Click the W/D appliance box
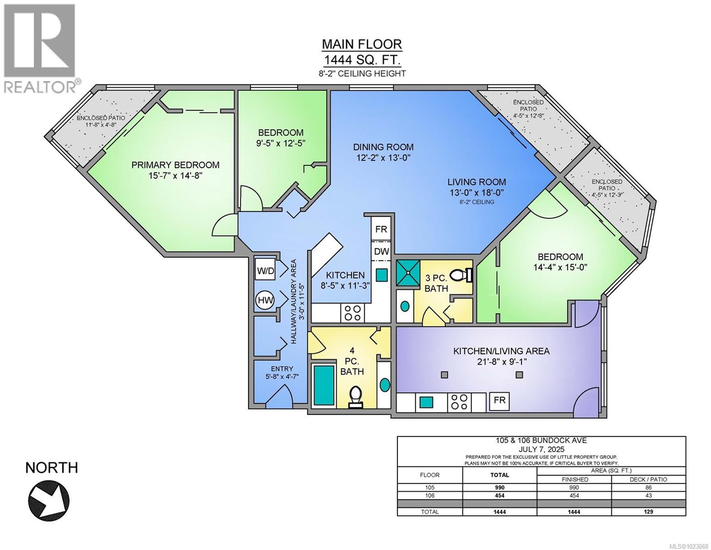click(266, 271)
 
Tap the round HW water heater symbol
click(266, 300)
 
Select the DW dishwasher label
click(381, 251)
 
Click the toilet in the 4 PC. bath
click(356, 397)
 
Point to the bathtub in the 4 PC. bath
click(324, 385)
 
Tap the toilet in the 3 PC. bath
click(461, 275)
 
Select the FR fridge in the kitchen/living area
click(499, 400)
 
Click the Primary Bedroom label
click(175, 165)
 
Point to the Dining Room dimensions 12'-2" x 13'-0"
click(383, 158)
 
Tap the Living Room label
click(477, 182)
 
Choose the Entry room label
click(282, 369)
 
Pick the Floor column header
click(429, 475)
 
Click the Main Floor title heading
click(362, 44)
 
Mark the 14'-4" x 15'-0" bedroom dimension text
click(560, 267)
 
